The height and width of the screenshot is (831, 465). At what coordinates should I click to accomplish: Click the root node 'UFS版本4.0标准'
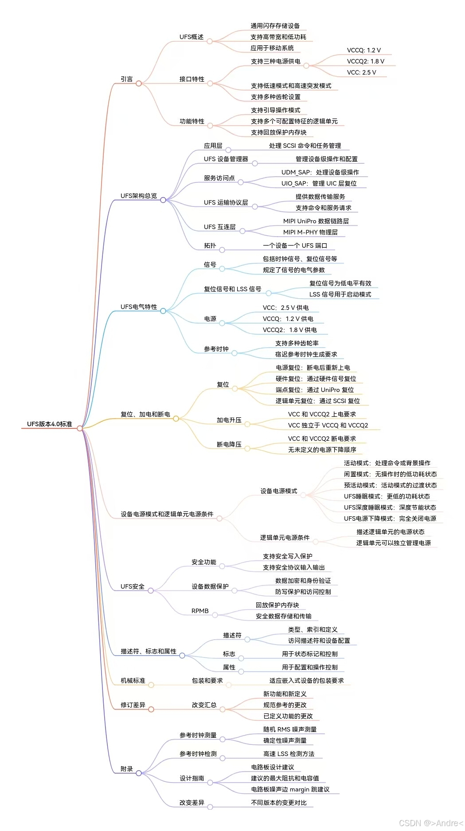(x=49, y=424)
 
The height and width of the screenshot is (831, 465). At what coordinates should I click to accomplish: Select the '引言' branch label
(x=127, y=79)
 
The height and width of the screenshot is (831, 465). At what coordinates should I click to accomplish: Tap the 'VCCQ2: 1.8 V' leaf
(x=365, y=61)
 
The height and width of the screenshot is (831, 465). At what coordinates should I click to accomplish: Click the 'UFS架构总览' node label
(x=139, y=196)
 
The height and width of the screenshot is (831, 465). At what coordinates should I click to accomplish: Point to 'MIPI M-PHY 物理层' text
(x=310, y=232)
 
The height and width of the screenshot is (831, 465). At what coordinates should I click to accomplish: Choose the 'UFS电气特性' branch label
(x=139, y=307)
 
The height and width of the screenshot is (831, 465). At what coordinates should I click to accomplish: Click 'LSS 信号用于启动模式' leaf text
(x=340, y=294)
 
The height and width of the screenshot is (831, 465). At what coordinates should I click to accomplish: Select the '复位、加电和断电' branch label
(x=145, y=414)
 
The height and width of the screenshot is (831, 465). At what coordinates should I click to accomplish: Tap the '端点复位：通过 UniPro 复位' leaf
(x=315, y=390)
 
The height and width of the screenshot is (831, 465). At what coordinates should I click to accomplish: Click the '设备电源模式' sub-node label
(x=278, y=491)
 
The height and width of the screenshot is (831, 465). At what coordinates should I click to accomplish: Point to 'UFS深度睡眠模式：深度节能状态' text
(x=390, y=507)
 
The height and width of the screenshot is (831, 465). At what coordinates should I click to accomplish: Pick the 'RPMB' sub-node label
(x=200, y=611)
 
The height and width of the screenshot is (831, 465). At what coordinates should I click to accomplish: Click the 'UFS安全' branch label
(x=133, y=586)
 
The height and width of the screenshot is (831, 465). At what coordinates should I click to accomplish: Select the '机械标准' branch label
(x=133, y=681)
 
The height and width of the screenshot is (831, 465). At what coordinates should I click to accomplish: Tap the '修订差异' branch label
(x=133, y=705)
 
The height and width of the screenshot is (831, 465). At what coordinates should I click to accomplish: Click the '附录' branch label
(x=127, y=769)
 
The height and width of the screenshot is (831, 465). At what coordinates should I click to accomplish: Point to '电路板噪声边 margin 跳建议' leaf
(x=290, y=789)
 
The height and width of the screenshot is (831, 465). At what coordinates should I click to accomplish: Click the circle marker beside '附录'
(x=139, y=773)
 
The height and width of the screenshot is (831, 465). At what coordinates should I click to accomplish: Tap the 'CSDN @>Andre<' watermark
(x=431, y=823)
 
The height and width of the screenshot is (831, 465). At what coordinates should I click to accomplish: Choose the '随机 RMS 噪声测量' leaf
(x=290, y=729)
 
